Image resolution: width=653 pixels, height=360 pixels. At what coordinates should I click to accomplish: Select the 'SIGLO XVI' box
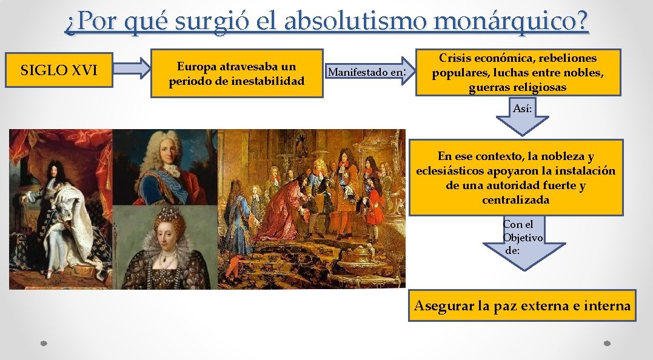(59, 70)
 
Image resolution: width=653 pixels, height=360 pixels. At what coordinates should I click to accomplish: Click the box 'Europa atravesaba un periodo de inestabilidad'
(236, 73)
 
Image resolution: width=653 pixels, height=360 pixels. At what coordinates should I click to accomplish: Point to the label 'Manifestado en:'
(366, 73)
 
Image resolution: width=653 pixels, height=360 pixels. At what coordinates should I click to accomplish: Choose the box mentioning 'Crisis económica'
(518, 73)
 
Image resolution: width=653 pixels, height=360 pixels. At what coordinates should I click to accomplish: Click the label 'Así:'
(523, 108)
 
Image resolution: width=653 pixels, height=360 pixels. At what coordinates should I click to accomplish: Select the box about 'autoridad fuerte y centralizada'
(515, 178)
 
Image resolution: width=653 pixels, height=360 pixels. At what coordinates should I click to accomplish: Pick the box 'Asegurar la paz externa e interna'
(522, 305)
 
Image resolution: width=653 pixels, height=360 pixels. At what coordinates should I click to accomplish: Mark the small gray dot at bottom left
(44, 343)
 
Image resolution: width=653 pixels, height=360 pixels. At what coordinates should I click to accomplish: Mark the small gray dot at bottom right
(608, 343)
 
